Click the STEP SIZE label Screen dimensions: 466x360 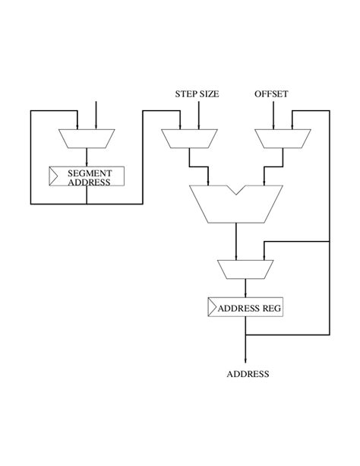197,94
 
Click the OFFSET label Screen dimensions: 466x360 271,94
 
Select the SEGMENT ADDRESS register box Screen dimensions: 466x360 87,177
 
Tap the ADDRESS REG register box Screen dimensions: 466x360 245,308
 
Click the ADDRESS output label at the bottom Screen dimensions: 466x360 248,374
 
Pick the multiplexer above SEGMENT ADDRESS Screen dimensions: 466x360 87,138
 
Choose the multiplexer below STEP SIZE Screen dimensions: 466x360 189,138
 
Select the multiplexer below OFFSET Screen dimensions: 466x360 282,138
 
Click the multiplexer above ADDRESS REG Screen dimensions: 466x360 245,269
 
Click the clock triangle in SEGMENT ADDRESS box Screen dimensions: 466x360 54,177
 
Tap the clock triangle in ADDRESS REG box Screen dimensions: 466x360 212,308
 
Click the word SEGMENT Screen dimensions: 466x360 90,173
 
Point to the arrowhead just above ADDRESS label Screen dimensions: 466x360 245,360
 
